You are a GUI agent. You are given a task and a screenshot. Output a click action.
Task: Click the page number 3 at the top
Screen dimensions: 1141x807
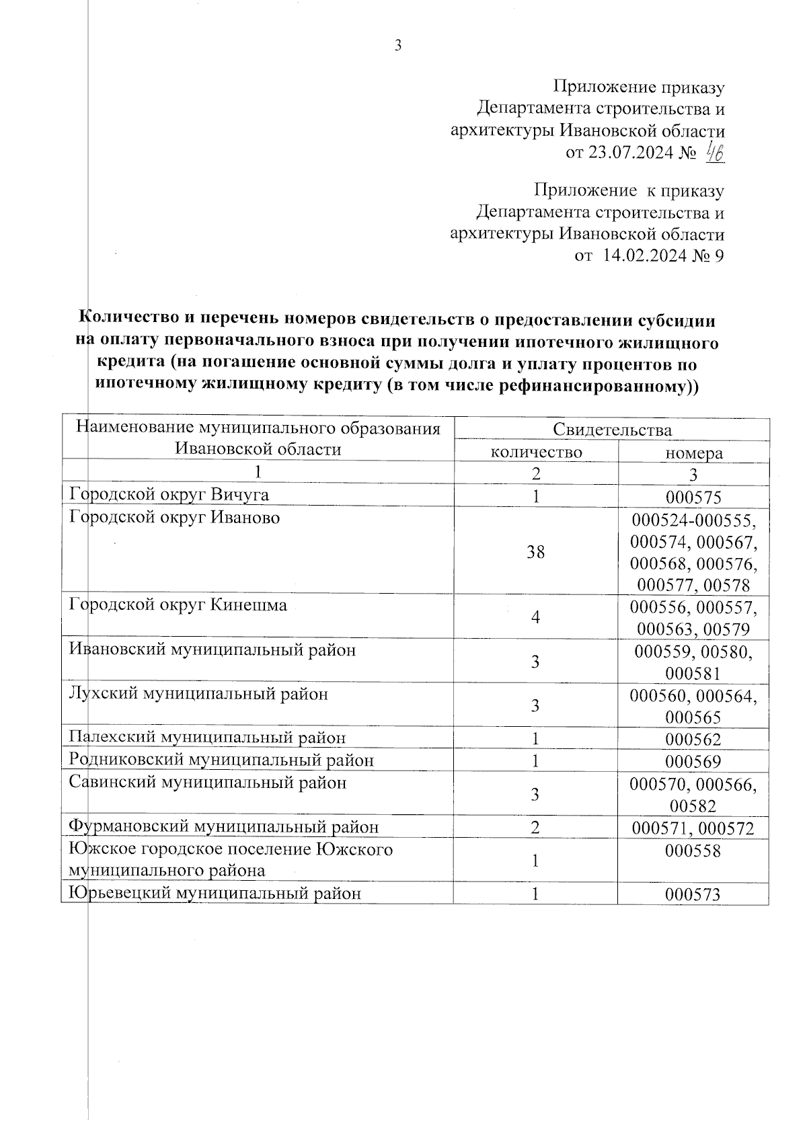[397, 46]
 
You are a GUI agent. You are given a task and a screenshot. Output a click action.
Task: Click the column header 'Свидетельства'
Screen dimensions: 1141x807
[612, 430]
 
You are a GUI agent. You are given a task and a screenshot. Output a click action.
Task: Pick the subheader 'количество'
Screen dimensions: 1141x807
[536, 452]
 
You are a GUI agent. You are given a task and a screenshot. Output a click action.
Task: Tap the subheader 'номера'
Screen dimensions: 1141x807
[694, 453]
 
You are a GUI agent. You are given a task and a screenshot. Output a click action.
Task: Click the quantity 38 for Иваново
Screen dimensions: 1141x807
[536, 553]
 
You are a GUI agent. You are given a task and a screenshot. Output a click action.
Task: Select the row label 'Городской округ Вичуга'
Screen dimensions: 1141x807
[169, 496]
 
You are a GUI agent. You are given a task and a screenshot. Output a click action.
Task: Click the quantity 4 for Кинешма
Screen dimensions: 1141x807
[536, 617]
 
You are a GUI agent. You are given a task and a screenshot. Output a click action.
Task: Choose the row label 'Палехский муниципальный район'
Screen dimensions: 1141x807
[208, 738]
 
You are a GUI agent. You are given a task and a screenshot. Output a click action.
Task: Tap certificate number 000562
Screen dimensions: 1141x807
[693, 740]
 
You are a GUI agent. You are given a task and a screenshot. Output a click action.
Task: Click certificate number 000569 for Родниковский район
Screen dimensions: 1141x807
[693, 762]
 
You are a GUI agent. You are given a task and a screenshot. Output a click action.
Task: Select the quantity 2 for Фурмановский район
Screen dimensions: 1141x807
[536, 828]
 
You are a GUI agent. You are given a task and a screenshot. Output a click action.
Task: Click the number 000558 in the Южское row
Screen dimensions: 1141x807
[693, 851]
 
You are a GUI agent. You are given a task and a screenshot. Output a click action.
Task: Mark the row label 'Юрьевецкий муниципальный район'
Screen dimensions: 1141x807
[215, 894]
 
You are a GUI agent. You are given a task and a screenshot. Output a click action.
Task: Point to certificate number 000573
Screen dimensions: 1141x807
[693, 895]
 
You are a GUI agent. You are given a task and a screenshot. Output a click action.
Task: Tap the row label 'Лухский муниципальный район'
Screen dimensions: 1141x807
[199, 694]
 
